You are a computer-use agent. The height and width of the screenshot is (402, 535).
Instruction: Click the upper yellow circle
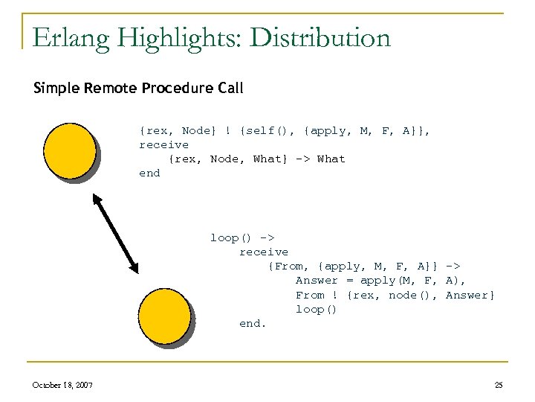(69, 151)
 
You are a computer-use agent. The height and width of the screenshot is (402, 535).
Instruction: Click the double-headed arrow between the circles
(115, 232)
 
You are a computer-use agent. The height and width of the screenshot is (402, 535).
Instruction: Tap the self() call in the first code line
(261, 130)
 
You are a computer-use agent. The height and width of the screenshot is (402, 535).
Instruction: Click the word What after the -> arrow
(331, 159)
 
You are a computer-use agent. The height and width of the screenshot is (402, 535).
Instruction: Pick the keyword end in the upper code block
(149, 173)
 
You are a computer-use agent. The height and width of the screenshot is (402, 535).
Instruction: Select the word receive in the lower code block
(263, 252)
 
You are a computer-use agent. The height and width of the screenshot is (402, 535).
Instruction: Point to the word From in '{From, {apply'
(289, 266)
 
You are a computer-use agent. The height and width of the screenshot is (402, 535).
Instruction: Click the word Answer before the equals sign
(317, 280)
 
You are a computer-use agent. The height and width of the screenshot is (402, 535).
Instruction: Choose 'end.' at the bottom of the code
(253, 323)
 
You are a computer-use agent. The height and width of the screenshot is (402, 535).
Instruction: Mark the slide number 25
(499, 384)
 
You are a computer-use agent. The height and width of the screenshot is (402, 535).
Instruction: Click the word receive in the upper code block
(163, 144)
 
